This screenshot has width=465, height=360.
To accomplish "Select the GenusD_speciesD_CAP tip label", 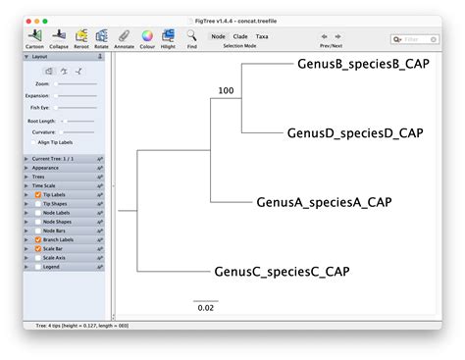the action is tap(355, 132).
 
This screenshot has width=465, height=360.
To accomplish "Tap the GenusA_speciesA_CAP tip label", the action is tap(324, 202).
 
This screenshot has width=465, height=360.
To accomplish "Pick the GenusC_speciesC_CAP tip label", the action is tap(282, 271).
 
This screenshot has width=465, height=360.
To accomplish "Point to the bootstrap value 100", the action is tap(227, 91).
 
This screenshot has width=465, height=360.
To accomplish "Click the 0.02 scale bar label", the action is tap(205, 307).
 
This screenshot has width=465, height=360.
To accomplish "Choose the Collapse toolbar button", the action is tap(59, 36).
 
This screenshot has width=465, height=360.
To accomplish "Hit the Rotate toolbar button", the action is tap(101, 36).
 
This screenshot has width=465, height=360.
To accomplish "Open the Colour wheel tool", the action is tap(147, 36).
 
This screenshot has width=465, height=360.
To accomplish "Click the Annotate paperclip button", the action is tap(124, 36).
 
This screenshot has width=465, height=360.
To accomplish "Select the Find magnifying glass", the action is tap(191, 36).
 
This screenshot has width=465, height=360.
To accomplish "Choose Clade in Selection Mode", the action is tap(240, 36).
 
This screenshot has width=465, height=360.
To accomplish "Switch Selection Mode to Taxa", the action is tap(262, 36).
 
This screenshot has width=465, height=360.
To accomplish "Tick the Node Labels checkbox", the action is tap(37, 213).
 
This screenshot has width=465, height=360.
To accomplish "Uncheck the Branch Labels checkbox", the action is tap(37, 239).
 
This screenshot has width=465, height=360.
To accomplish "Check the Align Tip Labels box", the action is tap(33, 142).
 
